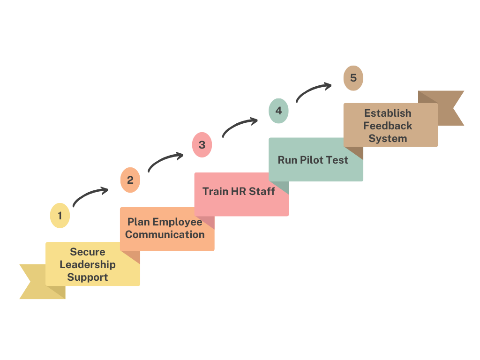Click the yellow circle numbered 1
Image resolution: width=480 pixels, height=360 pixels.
[60, 216]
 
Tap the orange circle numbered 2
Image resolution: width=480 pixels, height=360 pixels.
[130, 180]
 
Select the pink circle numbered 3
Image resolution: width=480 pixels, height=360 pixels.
[202, 145]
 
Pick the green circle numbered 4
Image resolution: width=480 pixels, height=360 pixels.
[278, 111]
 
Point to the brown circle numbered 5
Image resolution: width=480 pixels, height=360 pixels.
[353, 78]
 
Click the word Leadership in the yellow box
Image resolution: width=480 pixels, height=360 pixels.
[88, 264]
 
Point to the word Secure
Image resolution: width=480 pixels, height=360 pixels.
[88, 252]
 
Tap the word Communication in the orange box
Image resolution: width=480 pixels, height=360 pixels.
[165, 234]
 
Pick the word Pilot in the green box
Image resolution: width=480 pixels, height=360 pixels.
[311, 160]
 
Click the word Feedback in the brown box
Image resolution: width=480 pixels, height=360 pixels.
[388, 126]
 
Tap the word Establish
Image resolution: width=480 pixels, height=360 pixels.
[388, 113]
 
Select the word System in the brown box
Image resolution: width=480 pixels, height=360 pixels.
[388, 138]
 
